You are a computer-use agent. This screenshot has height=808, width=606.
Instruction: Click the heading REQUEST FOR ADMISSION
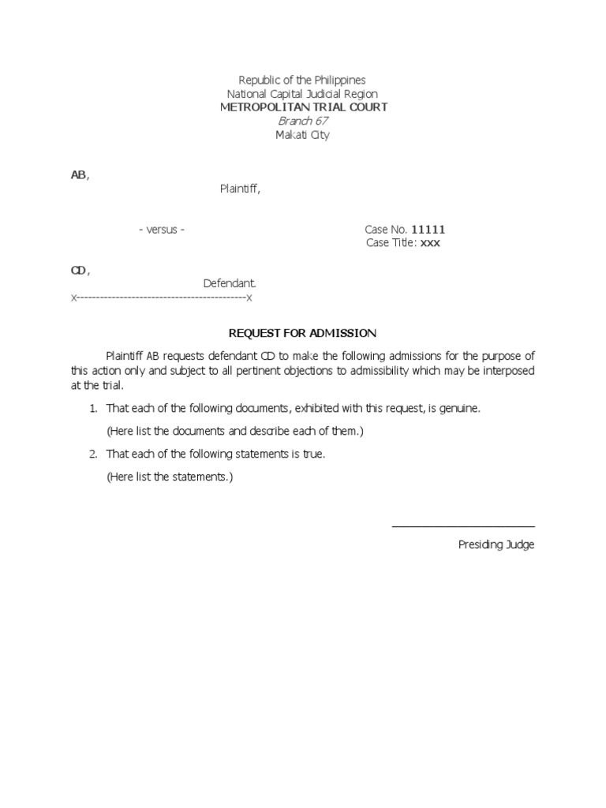tap(303, 333)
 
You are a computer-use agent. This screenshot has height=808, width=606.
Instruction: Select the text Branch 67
tap(303, 121)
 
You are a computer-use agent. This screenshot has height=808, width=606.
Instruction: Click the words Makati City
tap(303, 135)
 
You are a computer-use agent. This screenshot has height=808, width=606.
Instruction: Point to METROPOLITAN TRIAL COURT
tap(303, 107)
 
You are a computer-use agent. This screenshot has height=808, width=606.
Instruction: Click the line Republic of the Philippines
tap(303, 80)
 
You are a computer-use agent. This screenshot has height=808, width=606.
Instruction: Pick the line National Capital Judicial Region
tap(303, 94)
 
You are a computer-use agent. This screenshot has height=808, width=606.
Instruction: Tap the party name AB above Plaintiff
tap(78, 175)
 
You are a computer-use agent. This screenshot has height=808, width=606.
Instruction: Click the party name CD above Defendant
tap(79, 271)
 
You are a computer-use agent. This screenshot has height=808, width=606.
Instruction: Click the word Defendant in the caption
tap(230, 283)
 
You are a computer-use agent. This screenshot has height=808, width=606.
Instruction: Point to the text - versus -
tap(162, 230)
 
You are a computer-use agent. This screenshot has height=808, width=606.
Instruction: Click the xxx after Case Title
tap(430, 243)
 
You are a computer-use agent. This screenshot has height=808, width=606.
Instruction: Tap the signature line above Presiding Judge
tap(463, 526)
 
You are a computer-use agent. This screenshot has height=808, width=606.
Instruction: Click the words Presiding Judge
tap(496, 545)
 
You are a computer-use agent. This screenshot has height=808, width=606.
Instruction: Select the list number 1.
tap(92, 409)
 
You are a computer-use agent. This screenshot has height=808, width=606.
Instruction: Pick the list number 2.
tap(92, 454)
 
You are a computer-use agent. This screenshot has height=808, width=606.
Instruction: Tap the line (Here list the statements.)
tap(170, 477)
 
